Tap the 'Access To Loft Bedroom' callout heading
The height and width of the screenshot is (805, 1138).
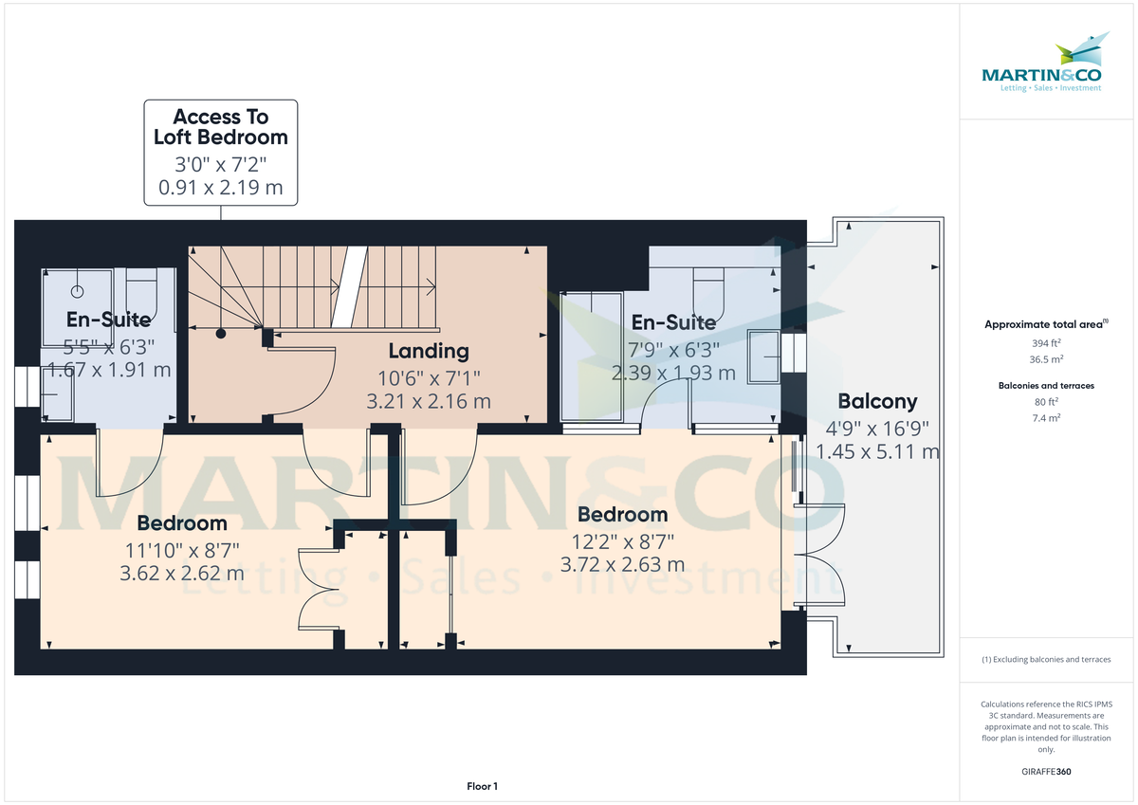(220, 127)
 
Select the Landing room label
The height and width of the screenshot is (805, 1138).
(429, 351)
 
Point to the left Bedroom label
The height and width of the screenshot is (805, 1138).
(182, 522)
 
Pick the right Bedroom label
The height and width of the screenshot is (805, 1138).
(622, 515)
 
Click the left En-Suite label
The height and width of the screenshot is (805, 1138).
(108, 320)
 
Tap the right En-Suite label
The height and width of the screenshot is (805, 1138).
(673, 322)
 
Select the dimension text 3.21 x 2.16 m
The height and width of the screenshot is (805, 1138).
(429, 401)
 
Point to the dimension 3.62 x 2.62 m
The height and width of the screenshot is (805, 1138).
(182, 574)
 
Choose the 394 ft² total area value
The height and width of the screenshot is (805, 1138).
(1046, 342)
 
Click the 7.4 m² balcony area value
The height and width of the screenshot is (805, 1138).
(1046, 418)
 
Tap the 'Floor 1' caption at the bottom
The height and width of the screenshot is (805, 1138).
(482, 786)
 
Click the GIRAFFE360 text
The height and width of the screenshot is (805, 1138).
(1046, 772)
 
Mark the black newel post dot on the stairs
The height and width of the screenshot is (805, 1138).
(220, 334)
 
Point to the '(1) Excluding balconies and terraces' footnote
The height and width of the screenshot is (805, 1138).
(1046, 659)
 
